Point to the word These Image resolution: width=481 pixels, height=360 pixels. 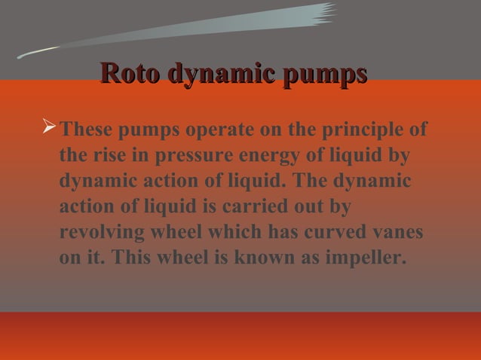tap(87, 130)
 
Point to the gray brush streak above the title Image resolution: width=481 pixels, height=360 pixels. tap(188, 30)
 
